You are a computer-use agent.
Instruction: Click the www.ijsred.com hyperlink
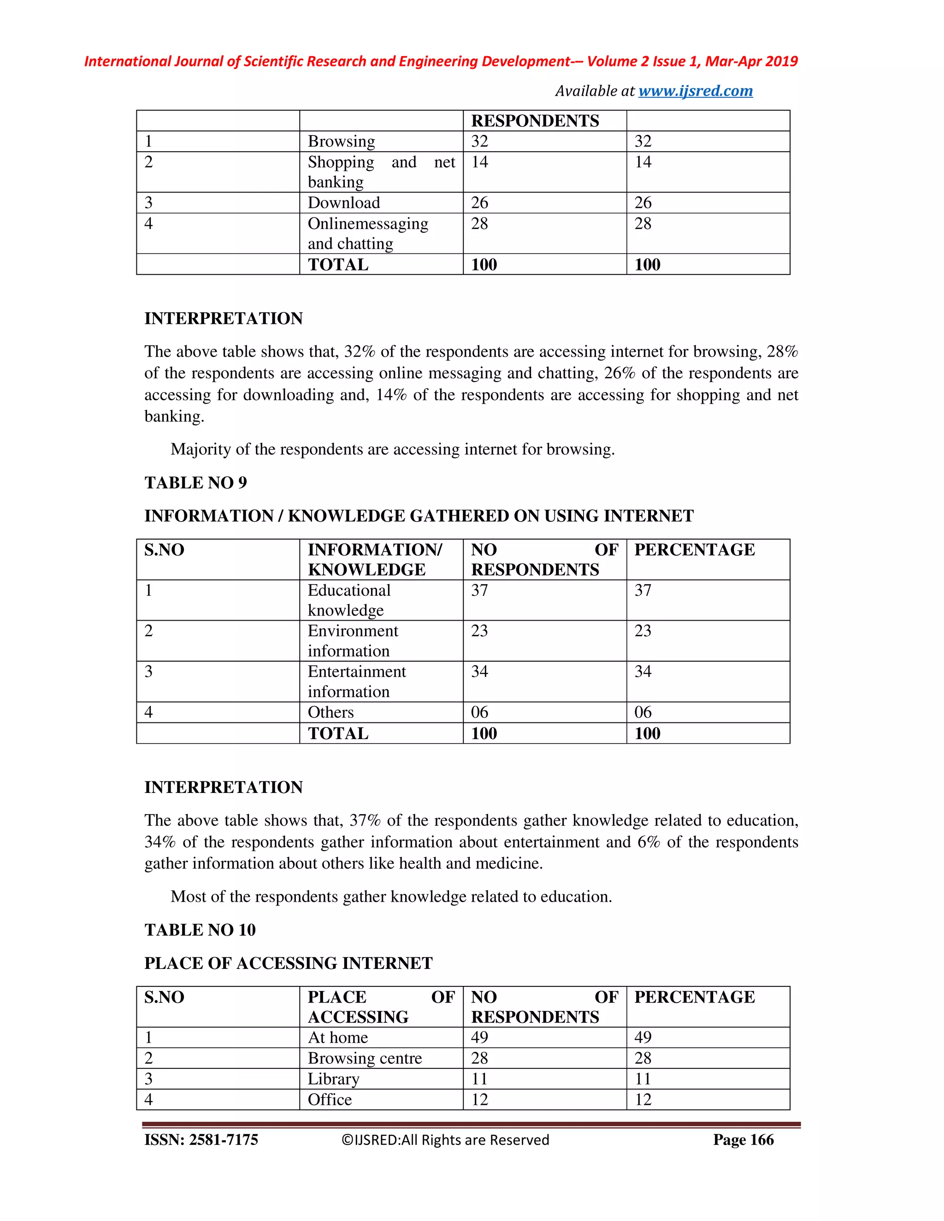pyautogui.click(x=695, y=91)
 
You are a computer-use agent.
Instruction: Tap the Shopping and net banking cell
pyautogui.click(x=381, y=172)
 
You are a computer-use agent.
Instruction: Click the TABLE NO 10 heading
pyautogui.click(x=200, y=930)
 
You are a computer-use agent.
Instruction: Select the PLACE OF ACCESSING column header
pyautogui.click(x=381, y=1006)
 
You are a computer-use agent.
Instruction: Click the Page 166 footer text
pyautogui.click(x=743, y=1140)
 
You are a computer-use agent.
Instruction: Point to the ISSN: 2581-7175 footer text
pyautogui.click(x=201, y=1140)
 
